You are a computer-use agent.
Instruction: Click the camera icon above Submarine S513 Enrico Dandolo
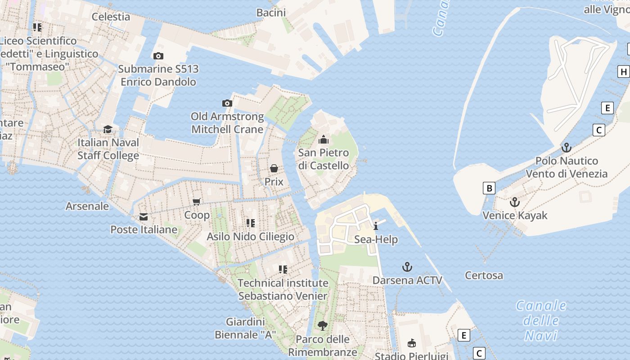coord(158,56)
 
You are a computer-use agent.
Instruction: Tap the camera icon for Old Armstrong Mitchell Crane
coord(227,103)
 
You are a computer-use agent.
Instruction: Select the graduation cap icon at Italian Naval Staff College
coord(108,130)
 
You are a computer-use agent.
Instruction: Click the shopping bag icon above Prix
coord(274,169)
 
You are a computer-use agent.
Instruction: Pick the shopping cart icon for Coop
coord(197,202)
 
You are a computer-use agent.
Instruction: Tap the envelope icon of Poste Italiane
coord(144,217)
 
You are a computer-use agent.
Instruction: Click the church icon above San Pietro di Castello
coord(323,140)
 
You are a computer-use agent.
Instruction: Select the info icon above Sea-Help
coord(376,226)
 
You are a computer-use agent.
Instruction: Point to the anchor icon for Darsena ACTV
coord(407,267)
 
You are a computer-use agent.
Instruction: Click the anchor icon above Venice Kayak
coord(515,202)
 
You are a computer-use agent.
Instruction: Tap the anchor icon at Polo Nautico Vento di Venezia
coord(566,148)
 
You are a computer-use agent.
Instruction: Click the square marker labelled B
coord(489,188)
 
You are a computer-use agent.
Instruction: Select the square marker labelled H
coord(623,72)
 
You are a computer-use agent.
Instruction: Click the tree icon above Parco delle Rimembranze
coord(322,325)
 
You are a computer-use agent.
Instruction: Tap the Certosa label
coord(484,275)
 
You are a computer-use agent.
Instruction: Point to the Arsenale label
coord(87,206)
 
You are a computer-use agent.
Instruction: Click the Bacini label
coord(271,13)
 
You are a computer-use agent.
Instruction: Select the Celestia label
coord(111,17)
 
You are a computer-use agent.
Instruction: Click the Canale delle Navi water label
coord(541,320)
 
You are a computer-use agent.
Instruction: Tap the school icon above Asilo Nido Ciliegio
coord(251,223)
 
